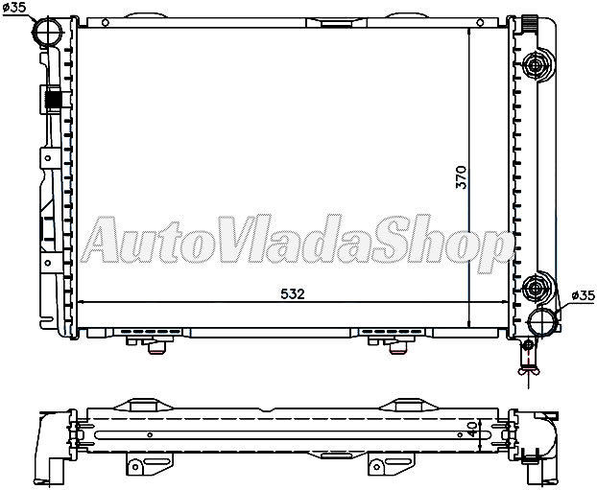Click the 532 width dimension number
pos(293,293)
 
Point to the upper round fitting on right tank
pos(537,64)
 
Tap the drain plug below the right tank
pos(527,360)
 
